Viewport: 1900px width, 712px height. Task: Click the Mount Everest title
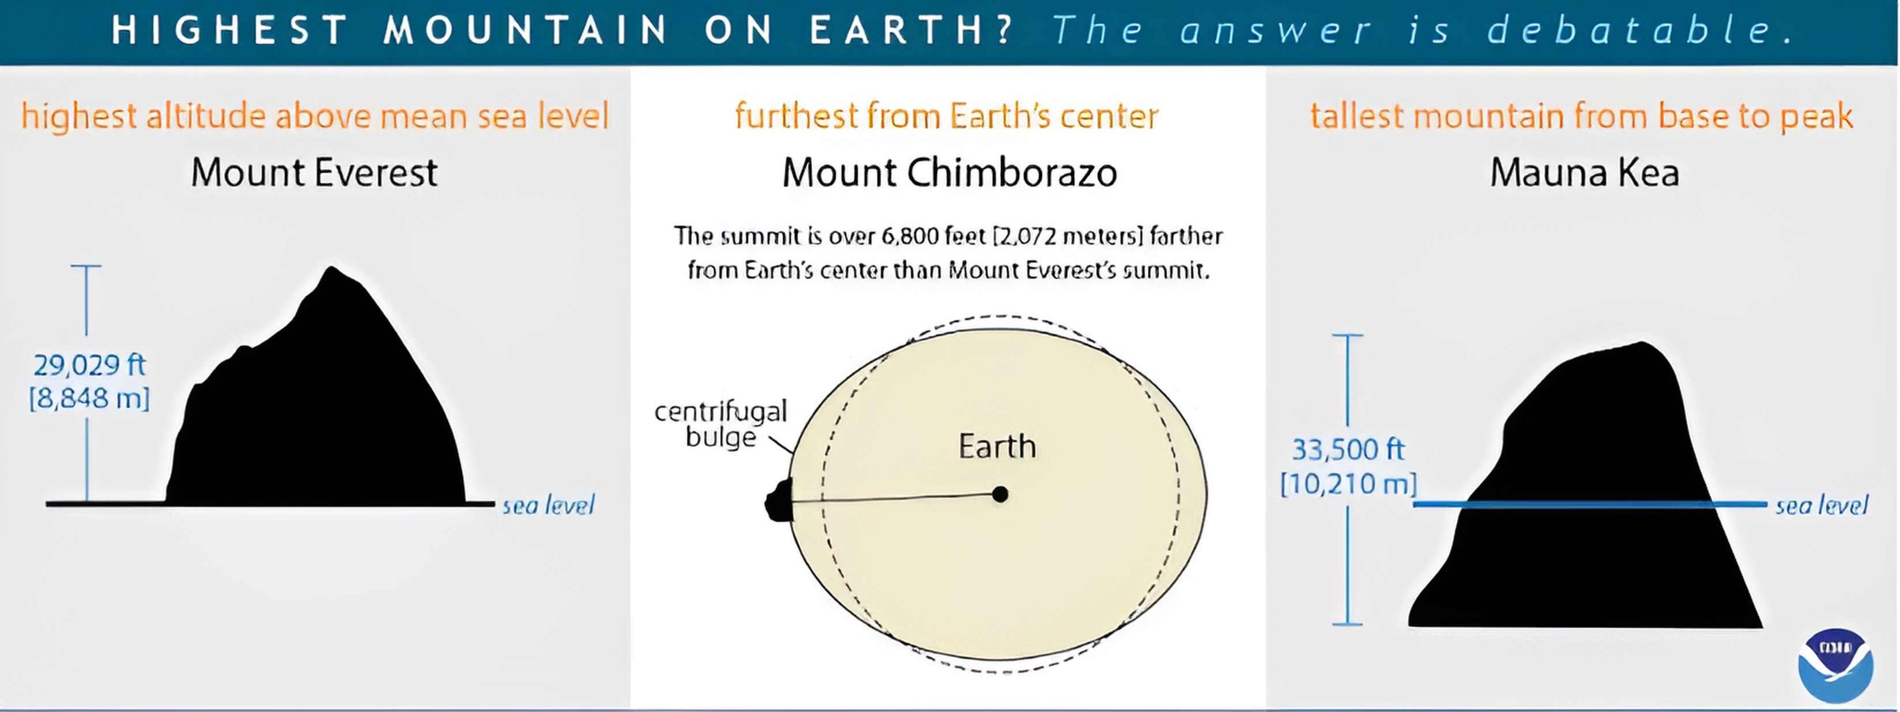(314, 172)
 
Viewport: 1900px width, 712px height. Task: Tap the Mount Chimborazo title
(949, 172)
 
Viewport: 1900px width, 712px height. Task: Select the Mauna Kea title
(1584, 172)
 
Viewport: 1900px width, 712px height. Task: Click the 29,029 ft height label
(90, 365)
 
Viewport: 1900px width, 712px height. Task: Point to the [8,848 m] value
(89, 399)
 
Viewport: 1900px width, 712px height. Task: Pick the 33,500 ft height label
(1348, 449)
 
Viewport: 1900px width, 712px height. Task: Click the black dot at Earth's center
(1000, 494)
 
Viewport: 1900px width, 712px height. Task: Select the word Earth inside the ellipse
(997, 446)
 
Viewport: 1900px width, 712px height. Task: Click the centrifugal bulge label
(721, 424)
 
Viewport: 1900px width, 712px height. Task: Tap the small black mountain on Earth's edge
(779, 500)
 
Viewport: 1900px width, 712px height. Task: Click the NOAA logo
(1835, 665)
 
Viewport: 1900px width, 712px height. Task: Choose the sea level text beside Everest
(548, 506)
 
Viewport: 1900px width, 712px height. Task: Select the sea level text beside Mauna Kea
(1822, 506)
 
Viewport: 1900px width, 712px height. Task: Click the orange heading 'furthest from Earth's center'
(947, 116)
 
